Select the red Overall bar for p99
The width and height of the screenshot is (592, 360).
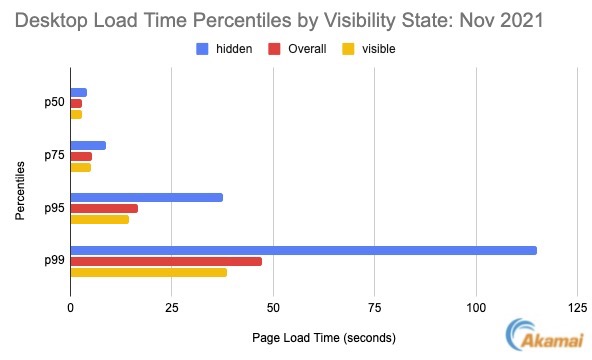click(x=166, y=261)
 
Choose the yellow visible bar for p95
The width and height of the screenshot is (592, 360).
click(x=99, y=219)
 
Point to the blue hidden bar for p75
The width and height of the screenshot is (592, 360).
click(x=88, y=145)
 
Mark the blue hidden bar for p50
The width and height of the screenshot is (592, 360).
click(x=78, y=92)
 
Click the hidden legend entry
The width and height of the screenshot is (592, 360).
click(x=224, y=46)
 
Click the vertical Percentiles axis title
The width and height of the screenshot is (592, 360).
click(x=20, y=182)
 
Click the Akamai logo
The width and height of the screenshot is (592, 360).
click(x=545, y=337)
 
